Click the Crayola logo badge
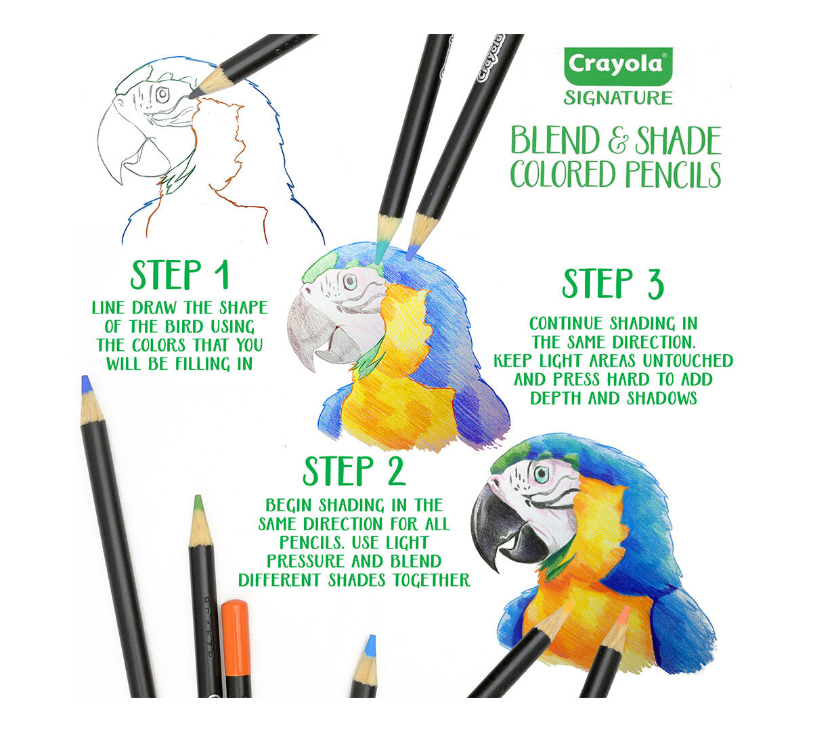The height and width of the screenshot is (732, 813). pyautogui.click(x=617, y=64)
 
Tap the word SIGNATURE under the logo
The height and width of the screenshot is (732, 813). pyautogui.click(x=618, y=98)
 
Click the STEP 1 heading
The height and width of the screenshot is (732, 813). pyautogui.click(x=179, y=275)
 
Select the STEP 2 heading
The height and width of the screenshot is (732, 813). pyautogui.click(x=354, y=471)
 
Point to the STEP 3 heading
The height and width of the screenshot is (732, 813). pyautogui.click(x=613, y=284)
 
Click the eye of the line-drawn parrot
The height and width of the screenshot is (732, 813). pyautogui.click(x=162, y=95)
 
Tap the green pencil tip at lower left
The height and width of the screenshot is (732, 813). pyautogui.click(x=198, y=504)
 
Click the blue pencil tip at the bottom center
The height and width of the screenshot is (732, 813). pyautogui.click(x=370, y=645)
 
